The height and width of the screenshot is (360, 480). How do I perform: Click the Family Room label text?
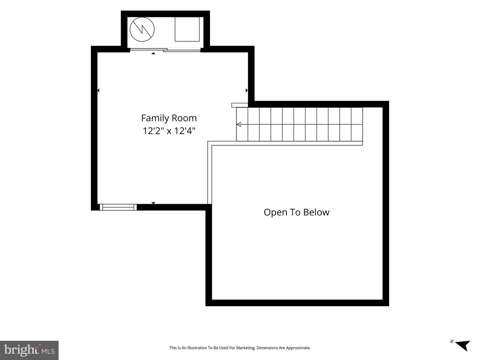pyautogui.click(x=169, y=118)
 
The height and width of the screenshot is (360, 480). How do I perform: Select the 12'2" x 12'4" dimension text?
pyautogui.click(x=169, y=131)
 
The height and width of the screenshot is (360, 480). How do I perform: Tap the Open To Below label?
pyautogui.click(x=296, y=212)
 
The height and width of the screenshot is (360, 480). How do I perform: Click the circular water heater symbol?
pyautogui.click(x=142, y=29)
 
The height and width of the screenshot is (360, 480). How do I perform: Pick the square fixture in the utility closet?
pyautogui.click(x=187, y=29)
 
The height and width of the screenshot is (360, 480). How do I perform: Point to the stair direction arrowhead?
pyautogui.click(x=239, y=124)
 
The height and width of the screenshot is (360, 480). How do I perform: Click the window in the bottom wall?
pyautogui.click(x=118, y=207)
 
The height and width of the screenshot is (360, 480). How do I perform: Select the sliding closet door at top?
pyautogui.click(x=165, y=50)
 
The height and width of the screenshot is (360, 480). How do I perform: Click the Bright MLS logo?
pyautogui.click(x=29, y=350)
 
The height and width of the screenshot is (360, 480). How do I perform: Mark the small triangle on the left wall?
pyautogui.click(x=98, y=90)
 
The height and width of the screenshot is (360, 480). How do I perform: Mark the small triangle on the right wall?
pyautogui.click(x=247, y=90)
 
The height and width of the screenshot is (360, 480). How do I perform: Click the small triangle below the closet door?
pyautogui.click(x=154, y=53)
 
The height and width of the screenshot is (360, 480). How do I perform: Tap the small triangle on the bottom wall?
pyautogui.click(x=154, y=203)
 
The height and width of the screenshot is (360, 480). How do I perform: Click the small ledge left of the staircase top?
pyautogui.click(x=240, y=105)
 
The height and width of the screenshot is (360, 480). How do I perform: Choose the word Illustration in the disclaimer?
pyautogui.click(x=196, y=348)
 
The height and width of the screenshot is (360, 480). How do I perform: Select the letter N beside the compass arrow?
pyautogui.click(x=452, y=348)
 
